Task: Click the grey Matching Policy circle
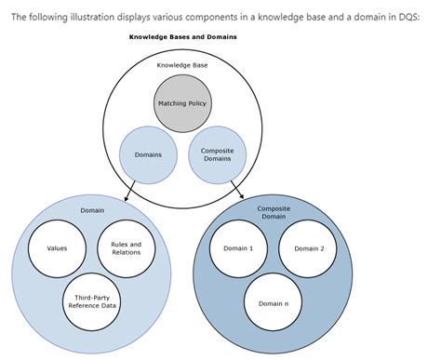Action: pos(181,102)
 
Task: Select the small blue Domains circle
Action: pos(148,153)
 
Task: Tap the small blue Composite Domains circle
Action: pos(217,153)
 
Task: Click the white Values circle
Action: pos(57,248)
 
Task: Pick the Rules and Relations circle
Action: pos(126,248)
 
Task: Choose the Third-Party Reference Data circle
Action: pos(91,300)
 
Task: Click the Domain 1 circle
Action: pos(238,248)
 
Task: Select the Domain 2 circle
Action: pos(309,248)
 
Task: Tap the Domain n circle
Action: pos(273,303)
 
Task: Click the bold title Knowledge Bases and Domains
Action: pos(182,36)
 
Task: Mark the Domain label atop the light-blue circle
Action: pos(92,210)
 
